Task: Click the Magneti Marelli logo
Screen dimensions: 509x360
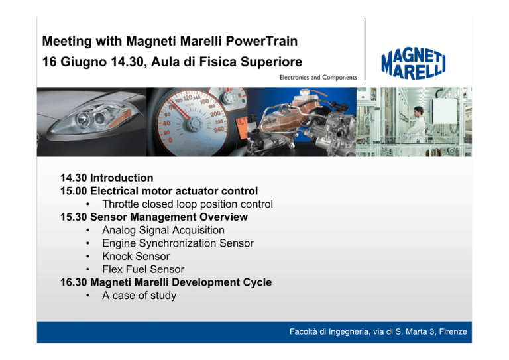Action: coord(413,64)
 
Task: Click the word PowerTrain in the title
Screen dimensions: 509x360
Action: coord(261,41)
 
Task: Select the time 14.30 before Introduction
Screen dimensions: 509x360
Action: coord(74,178)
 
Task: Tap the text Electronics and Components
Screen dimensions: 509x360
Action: coord(318,78)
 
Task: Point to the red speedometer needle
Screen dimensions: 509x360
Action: coord(179,109)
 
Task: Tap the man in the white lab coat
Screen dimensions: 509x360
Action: coord(417,125)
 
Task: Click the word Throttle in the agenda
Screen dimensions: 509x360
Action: coord(121,204)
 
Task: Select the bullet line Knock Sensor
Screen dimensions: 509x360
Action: coord(136,257)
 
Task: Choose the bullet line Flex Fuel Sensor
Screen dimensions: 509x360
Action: coord(143,269)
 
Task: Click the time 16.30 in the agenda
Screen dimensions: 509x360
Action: coord(74,282)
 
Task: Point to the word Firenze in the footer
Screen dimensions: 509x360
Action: coord(453,331)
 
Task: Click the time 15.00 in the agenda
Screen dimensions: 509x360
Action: coord(74,191)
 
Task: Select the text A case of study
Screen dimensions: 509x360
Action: coord(139,296)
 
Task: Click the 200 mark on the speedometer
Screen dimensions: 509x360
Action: coord(215,114)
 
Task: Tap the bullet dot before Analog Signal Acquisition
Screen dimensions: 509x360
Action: coord(87,231)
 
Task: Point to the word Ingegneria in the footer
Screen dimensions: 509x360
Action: coord(349,331)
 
